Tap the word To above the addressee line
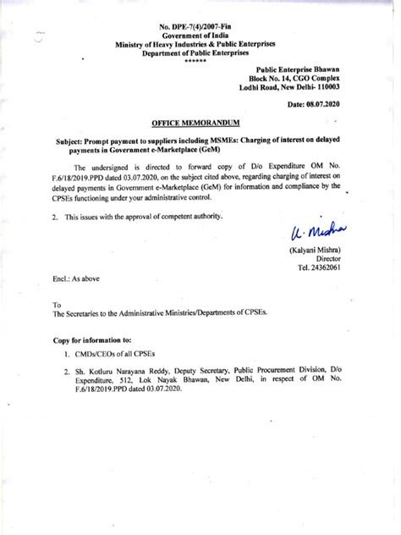click(58, 327)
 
